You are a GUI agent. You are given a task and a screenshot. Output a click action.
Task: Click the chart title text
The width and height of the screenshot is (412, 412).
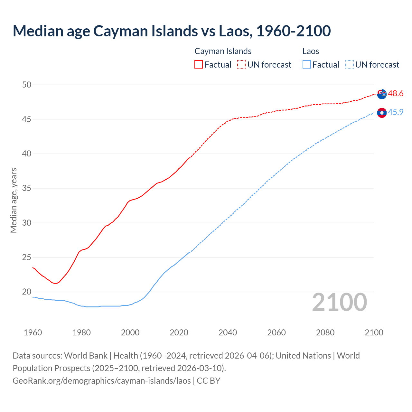point(172,31)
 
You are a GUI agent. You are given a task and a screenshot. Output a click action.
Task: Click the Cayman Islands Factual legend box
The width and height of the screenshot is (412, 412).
point(199,64)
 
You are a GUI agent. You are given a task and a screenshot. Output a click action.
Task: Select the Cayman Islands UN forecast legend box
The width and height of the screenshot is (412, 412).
point(241,64)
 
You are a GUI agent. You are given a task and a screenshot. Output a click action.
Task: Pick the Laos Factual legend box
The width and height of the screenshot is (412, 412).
point(307,64)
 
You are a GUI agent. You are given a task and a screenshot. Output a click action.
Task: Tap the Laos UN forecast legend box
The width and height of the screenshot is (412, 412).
point(349,64)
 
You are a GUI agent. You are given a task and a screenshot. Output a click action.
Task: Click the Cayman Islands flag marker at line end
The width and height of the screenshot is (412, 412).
point(382,94)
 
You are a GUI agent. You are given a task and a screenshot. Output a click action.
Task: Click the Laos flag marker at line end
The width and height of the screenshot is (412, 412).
point(382,113)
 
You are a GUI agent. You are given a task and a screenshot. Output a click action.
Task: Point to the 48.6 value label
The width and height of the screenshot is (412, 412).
point(396,94)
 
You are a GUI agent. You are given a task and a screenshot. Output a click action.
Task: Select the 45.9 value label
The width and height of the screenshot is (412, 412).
point(396,112)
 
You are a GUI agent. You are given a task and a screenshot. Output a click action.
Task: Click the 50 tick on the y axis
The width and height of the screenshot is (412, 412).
point(27,85)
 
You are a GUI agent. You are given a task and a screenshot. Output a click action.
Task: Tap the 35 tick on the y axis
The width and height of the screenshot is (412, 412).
point(27,188)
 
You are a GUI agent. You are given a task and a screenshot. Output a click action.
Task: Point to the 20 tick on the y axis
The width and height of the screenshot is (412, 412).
point(27,292)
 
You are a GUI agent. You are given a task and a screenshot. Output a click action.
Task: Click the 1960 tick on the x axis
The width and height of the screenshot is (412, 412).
point(33,332)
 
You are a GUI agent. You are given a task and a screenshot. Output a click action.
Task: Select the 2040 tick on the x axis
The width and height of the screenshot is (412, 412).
point(228,332)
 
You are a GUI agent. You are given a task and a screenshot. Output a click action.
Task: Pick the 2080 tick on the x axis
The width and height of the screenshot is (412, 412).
point(325,332)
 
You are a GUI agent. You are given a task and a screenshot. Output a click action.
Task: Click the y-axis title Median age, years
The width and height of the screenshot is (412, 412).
point(14,200)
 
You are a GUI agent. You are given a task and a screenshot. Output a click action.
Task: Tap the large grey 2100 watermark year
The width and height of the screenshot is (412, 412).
point(339,302)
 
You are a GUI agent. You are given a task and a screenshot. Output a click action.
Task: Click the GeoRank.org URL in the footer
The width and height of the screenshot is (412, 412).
point(102,381)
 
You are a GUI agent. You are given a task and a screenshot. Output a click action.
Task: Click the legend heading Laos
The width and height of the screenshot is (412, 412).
point(311,51)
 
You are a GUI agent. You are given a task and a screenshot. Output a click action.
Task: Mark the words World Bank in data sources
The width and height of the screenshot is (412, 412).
point(86,356)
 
